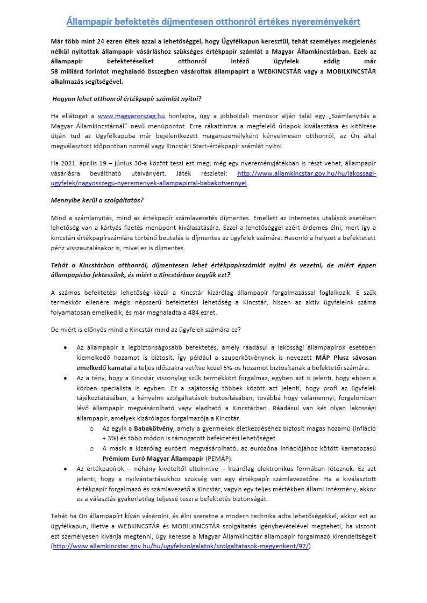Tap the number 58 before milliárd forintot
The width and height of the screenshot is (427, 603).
(55, 72)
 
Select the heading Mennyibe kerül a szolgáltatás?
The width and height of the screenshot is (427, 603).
(97, 200)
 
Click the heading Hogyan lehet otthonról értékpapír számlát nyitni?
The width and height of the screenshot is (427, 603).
(127, 99)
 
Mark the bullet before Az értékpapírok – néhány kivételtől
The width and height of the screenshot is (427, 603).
(65, 469)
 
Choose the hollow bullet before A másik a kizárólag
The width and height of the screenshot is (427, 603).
(92, 448)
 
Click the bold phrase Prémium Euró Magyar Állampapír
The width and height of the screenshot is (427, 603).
(153, 458)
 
